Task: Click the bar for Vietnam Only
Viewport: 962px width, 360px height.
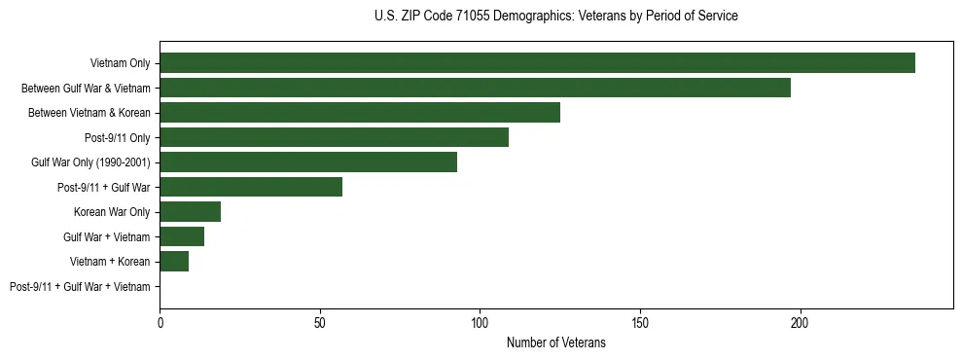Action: (537, 63)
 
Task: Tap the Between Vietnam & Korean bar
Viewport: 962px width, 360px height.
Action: (360, 113)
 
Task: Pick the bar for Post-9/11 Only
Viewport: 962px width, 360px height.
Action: (334, 137)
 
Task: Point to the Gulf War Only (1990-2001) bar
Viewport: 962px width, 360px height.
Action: (308, 162)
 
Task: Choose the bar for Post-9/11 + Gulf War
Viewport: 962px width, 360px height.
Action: (251, 187)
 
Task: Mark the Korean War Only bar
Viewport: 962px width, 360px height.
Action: (191, 212)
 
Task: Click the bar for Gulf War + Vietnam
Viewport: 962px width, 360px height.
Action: (182, 236)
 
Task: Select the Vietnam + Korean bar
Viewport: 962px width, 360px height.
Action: (174, 262)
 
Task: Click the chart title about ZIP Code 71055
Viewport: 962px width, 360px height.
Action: (555, 17)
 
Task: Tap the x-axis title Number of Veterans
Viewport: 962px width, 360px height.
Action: (555, 342)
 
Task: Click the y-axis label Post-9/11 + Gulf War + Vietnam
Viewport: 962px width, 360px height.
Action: (80, 287)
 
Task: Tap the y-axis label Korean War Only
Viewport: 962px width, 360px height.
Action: (112, 212)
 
